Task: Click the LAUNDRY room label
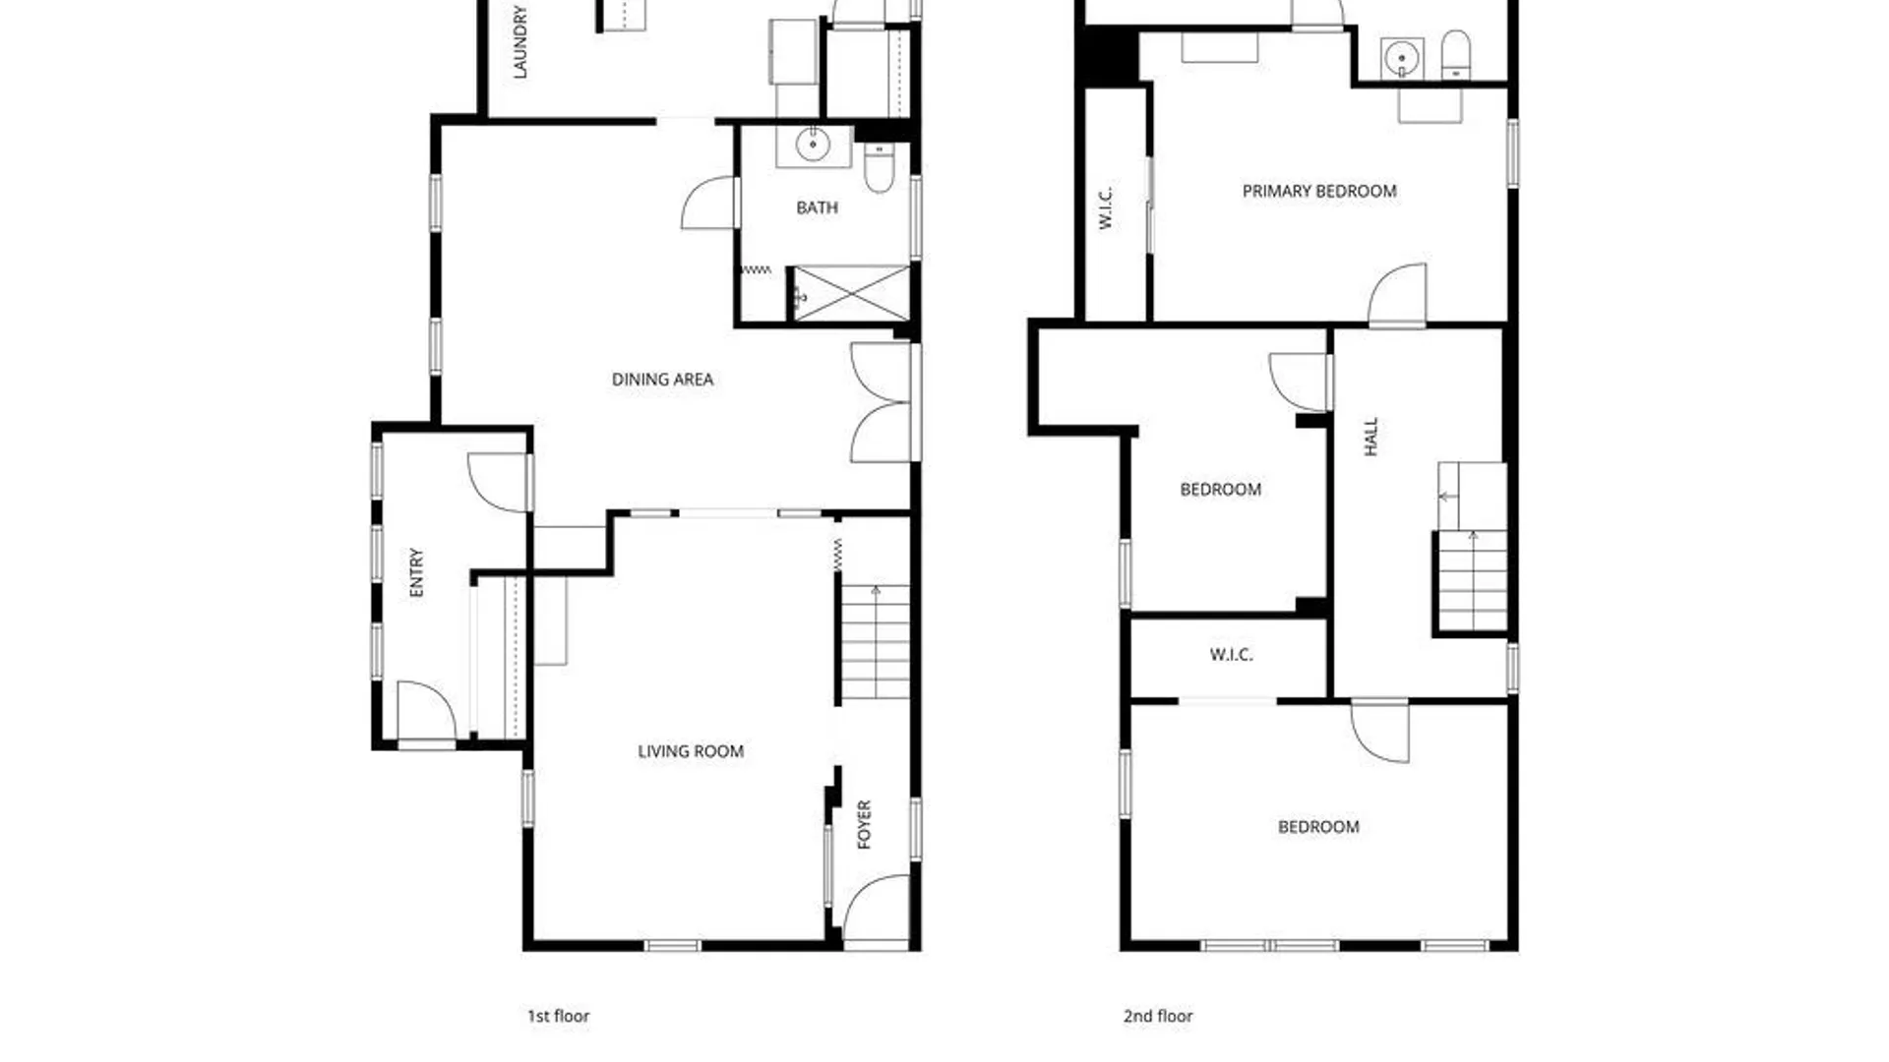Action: coord(520,41)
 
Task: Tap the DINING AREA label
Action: coord(662,380)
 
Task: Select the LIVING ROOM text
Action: coord(691,751)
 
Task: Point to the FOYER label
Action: coord(864,824)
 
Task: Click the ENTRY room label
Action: coord(416,572)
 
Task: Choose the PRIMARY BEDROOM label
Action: coord(1319,191)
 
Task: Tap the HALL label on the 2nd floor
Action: coord(1371,437)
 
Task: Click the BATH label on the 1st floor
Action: coord(817,207)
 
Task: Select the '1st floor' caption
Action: coord(558,1016)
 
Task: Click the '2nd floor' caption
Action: coord(1158,1016)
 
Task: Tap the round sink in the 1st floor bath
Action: coord(813,145)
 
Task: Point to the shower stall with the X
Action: coord(851,292)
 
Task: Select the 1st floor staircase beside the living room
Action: coord(875,642)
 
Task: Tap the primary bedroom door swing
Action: coord(1397,294)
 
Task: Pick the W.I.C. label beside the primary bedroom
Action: coord(1105,207)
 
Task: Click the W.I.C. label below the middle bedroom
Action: coord(1231,655)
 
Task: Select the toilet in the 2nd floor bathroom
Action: coord(1455,55)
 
